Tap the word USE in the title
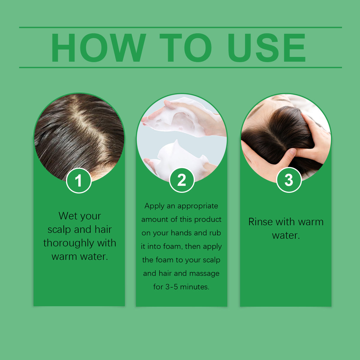(x=266, y=48)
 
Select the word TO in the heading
(x=186, y=48)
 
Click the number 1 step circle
(x=79, y=180)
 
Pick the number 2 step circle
(x=182, y=180)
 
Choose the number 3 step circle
(x=289, y=180)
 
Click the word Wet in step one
(x=68, y=216)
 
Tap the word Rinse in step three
(x=260, y=222)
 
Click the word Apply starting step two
(x=154, y=206)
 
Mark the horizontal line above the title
(x=180, y=27)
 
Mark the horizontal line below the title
(x=180, y=67)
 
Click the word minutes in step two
(x=195, y=287)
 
